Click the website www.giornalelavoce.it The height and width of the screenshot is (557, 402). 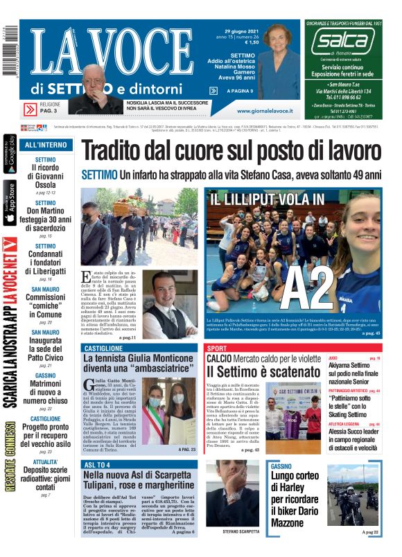(x=268, y=110)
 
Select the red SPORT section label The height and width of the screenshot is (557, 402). (x=217, y=348)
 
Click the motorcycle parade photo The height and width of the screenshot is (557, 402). (x=353, y=495)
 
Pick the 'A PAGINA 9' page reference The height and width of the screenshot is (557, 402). (x=241, y=91)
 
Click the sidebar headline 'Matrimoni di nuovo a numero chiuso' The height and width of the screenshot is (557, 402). (x=46, y=390)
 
